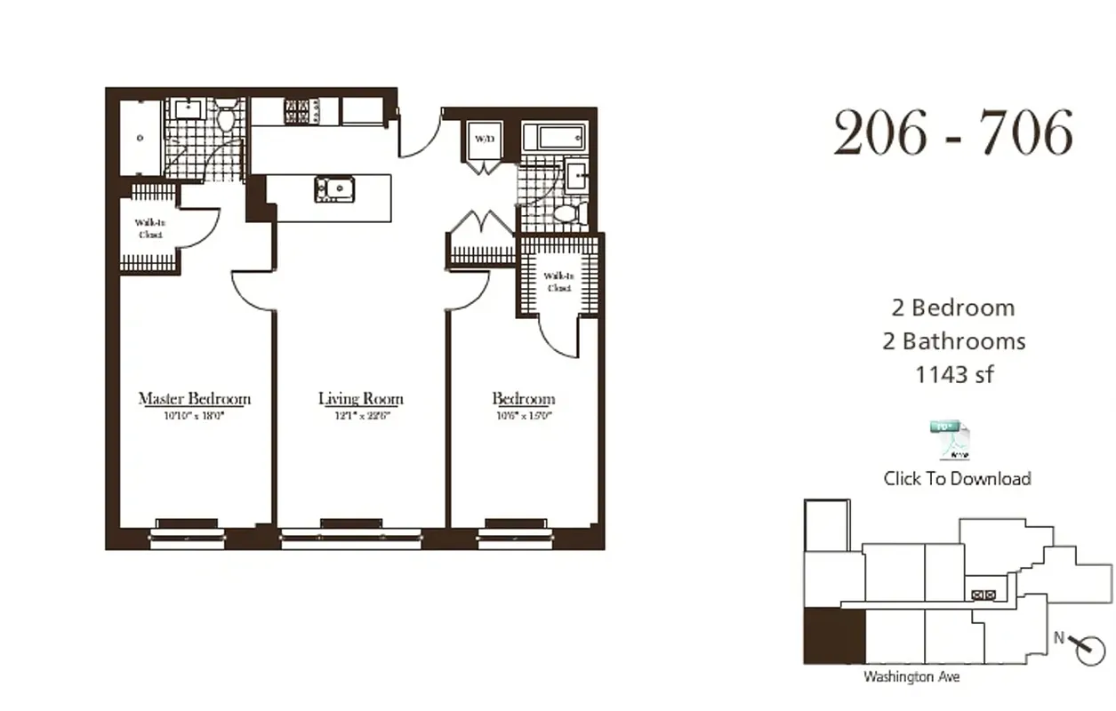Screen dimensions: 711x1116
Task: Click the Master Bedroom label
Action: tap(194, 398)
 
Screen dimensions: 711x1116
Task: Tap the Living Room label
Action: tap(360, 398)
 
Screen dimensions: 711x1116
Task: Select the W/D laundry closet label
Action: tap(483, 139)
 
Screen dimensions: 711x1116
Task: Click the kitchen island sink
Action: tap(333, 188)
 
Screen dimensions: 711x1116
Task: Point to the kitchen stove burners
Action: tap(295, 111)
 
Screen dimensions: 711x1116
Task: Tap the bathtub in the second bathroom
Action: tap(553, 138)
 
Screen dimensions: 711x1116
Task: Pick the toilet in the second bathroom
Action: tap(566, 213)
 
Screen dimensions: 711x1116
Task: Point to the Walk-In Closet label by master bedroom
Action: tap(149, 228)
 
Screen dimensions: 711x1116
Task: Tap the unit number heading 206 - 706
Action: tap(953, 133)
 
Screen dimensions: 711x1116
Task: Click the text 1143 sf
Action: tap(953, 374)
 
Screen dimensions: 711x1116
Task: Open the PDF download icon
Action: tap(950, 440)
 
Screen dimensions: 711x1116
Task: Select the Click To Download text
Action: tap(957, 478)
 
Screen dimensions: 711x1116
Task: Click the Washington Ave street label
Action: tap(911, 676)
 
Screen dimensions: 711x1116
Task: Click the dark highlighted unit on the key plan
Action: tap(833, 636)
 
